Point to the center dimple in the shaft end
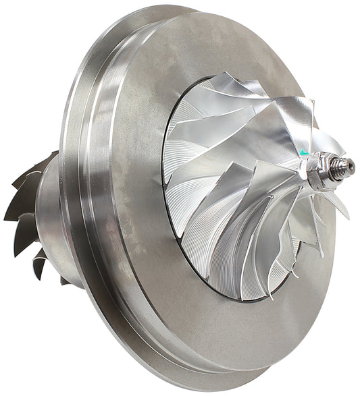[x=351, y=166]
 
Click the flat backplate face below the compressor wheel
[x=223, y=337]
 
